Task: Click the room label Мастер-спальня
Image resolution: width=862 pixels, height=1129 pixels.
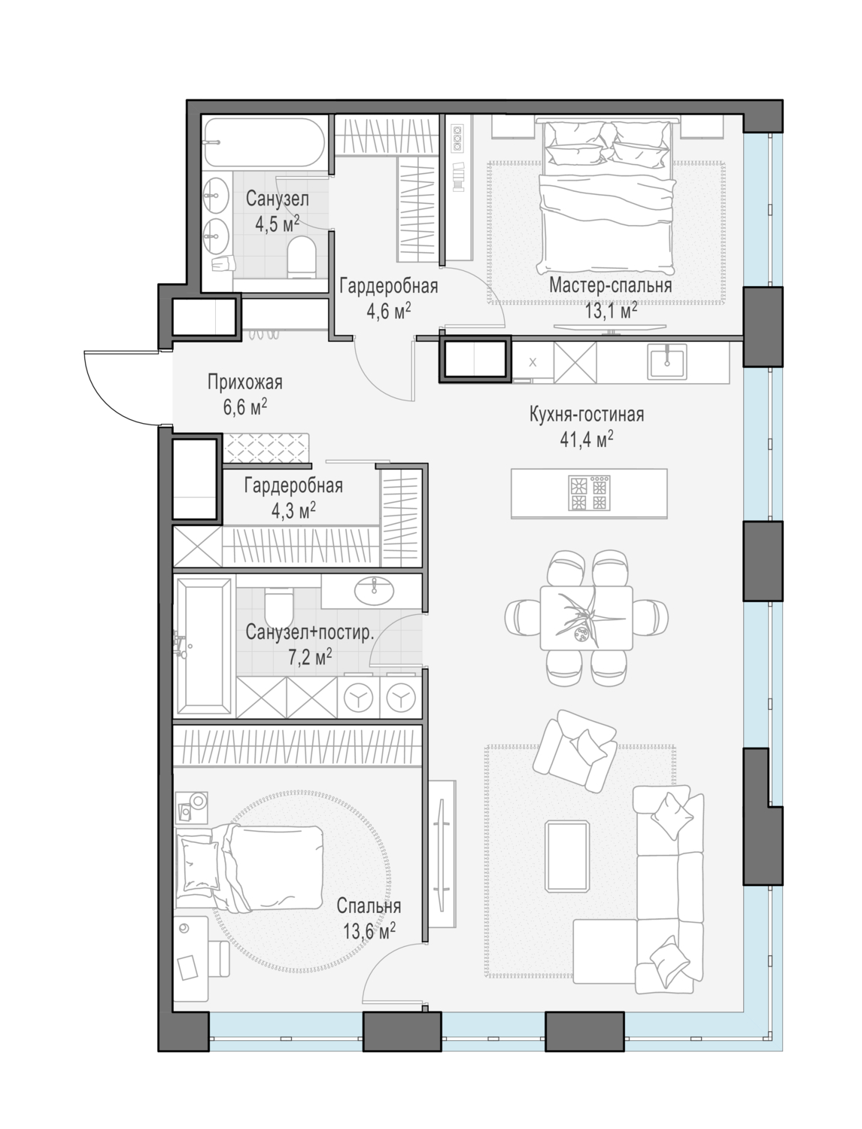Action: (x=610, y=285)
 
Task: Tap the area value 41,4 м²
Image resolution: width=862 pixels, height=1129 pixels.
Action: (x=587, y=440)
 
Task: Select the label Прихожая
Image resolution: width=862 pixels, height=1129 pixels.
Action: (x=244, y=382)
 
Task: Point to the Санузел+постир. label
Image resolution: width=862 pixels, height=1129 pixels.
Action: (x=309, y=632)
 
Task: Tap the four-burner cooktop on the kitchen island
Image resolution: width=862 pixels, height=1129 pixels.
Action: (x=589, y=493)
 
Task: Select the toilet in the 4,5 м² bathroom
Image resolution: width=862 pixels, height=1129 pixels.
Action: (x=301, y=257)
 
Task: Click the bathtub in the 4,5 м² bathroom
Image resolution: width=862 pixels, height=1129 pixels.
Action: (x=264, y=142)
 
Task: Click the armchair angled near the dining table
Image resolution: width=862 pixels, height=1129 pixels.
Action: (x=575, y=751)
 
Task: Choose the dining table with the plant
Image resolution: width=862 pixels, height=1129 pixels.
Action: (x=587, y=618)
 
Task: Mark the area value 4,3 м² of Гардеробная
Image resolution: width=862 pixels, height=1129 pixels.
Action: (x=293, y=511)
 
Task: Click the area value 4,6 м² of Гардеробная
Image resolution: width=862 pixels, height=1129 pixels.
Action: (x=388, y=311)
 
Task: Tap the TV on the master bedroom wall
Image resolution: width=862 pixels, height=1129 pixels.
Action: (x=610, y=327)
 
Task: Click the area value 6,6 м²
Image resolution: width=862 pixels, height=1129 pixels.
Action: (x=244, y=408)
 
